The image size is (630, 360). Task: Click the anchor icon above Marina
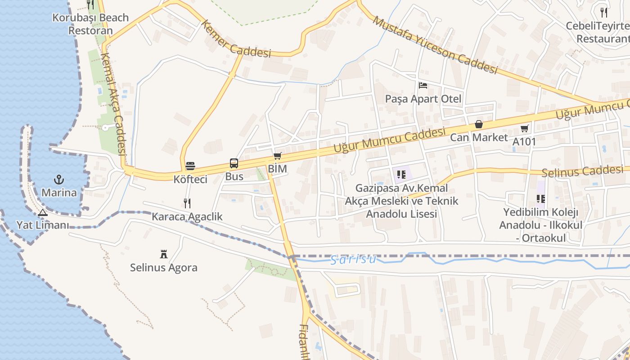click(x=59, y=180)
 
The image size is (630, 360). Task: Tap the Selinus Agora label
click(x=164, y=268)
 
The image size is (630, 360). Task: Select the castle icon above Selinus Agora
click(x=164, y=254)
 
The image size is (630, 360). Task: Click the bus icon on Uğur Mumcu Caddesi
click(x=234, y=163)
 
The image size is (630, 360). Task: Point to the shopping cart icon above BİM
click(x=277, y=156)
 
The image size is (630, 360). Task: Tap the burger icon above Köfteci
click(x=190, y=166)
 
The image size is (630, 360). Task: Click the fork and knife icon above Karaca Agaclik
click(x=187, y=203)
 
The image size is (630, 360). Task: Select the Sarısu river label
click(x=353, y=260)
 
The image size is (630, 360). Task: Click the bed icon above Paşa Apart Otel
click(x=423, y=85)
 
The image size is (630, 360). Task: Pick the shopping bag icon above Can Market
click(x=479, y=124)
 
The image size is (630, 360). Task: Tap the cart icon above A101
click(x=524, y=129)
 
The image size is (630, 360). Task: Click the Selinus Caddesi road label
click(x=583, y=171)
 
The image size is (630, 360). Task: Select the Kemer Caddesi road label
click(x=236, y=40)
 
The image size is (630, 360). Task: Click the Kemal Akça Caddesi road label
click(x=113, y=103)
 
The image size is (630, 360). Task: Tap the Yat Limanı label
click(x=42, y=225)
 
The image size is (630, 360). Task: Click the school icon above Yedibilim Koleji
click(x=541, y=198)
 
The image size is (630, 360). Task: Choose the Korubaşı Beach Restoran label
click(x=90, y=24)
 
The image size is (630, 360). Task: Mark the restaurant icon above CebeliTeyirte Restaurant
click(x=604, y=12)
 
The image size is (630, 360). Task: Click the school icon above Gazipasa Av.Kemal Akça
click(x=401, y=175)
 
